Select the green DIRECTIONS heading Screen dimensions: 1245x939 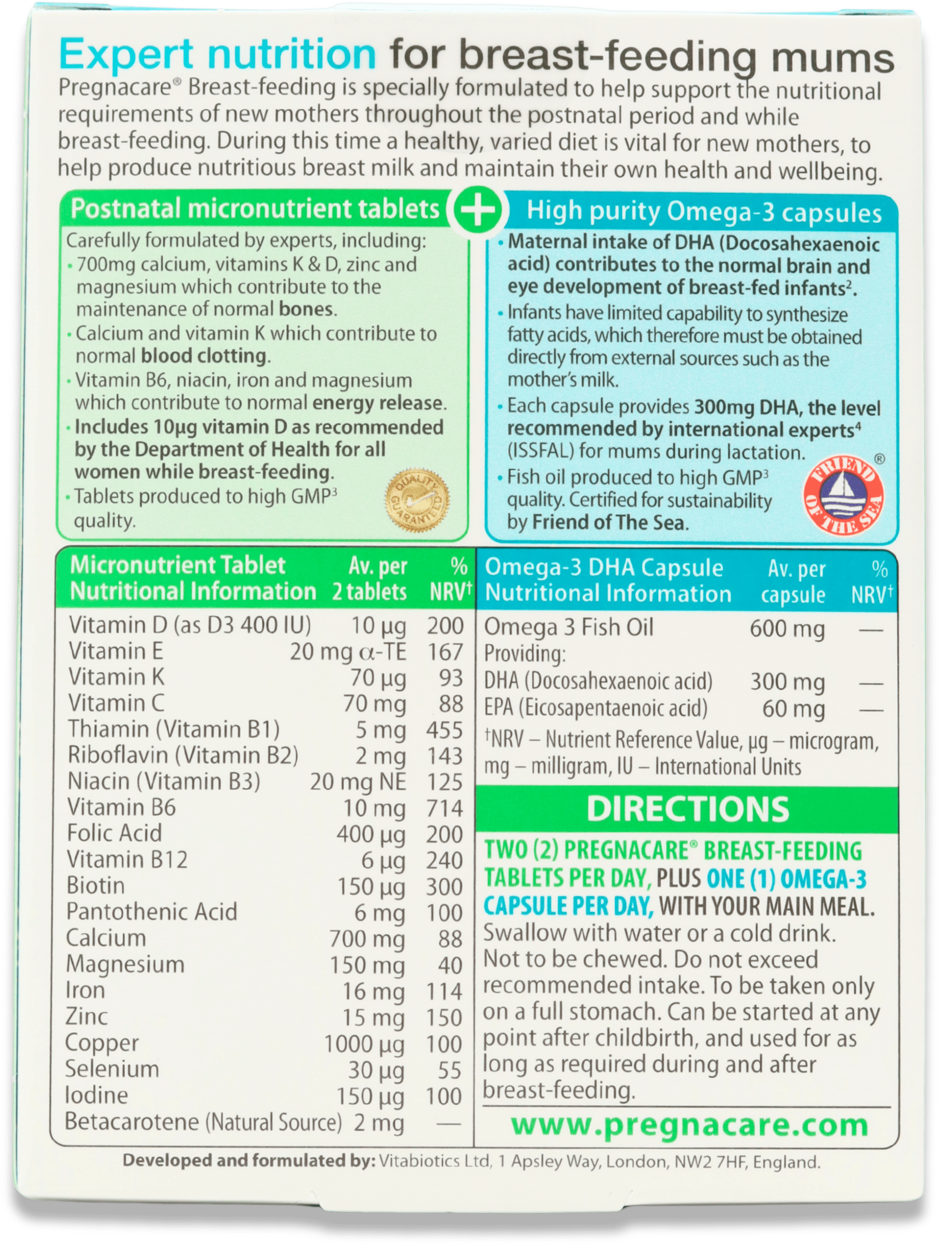(688, 809)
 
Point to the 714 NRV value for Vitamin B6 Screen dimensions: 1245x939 (444, 808)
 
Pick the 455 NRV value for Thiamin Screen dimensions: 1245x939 (444, 730)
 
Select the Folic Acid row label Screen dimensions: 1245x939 (114, 833)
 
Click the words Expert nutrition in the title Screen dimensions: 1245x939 (217, 54)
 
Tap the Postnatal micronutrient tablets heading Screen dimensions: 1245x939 (255, 209)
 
